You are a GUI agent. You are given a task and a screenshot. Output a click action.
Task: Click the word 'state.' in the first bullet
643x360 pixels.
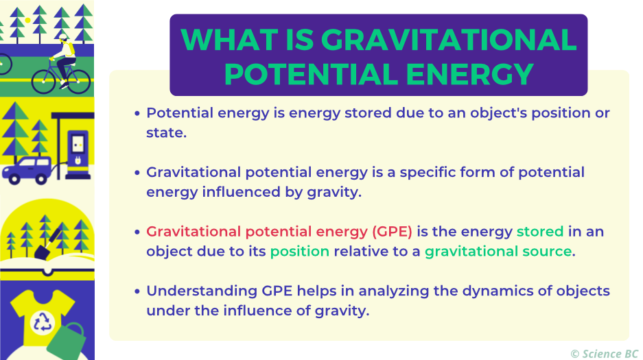pos(166,132)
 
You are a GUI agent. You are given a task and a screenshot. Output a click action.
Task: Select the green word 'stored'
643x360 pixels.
pos(540,232)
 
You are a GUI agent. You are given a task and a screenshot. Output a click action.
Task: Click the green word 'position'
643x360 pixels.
pos(300,251)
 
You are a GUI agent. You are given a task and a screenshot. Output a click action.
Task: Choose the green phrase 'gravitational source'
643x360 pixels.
pos(498,251)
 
